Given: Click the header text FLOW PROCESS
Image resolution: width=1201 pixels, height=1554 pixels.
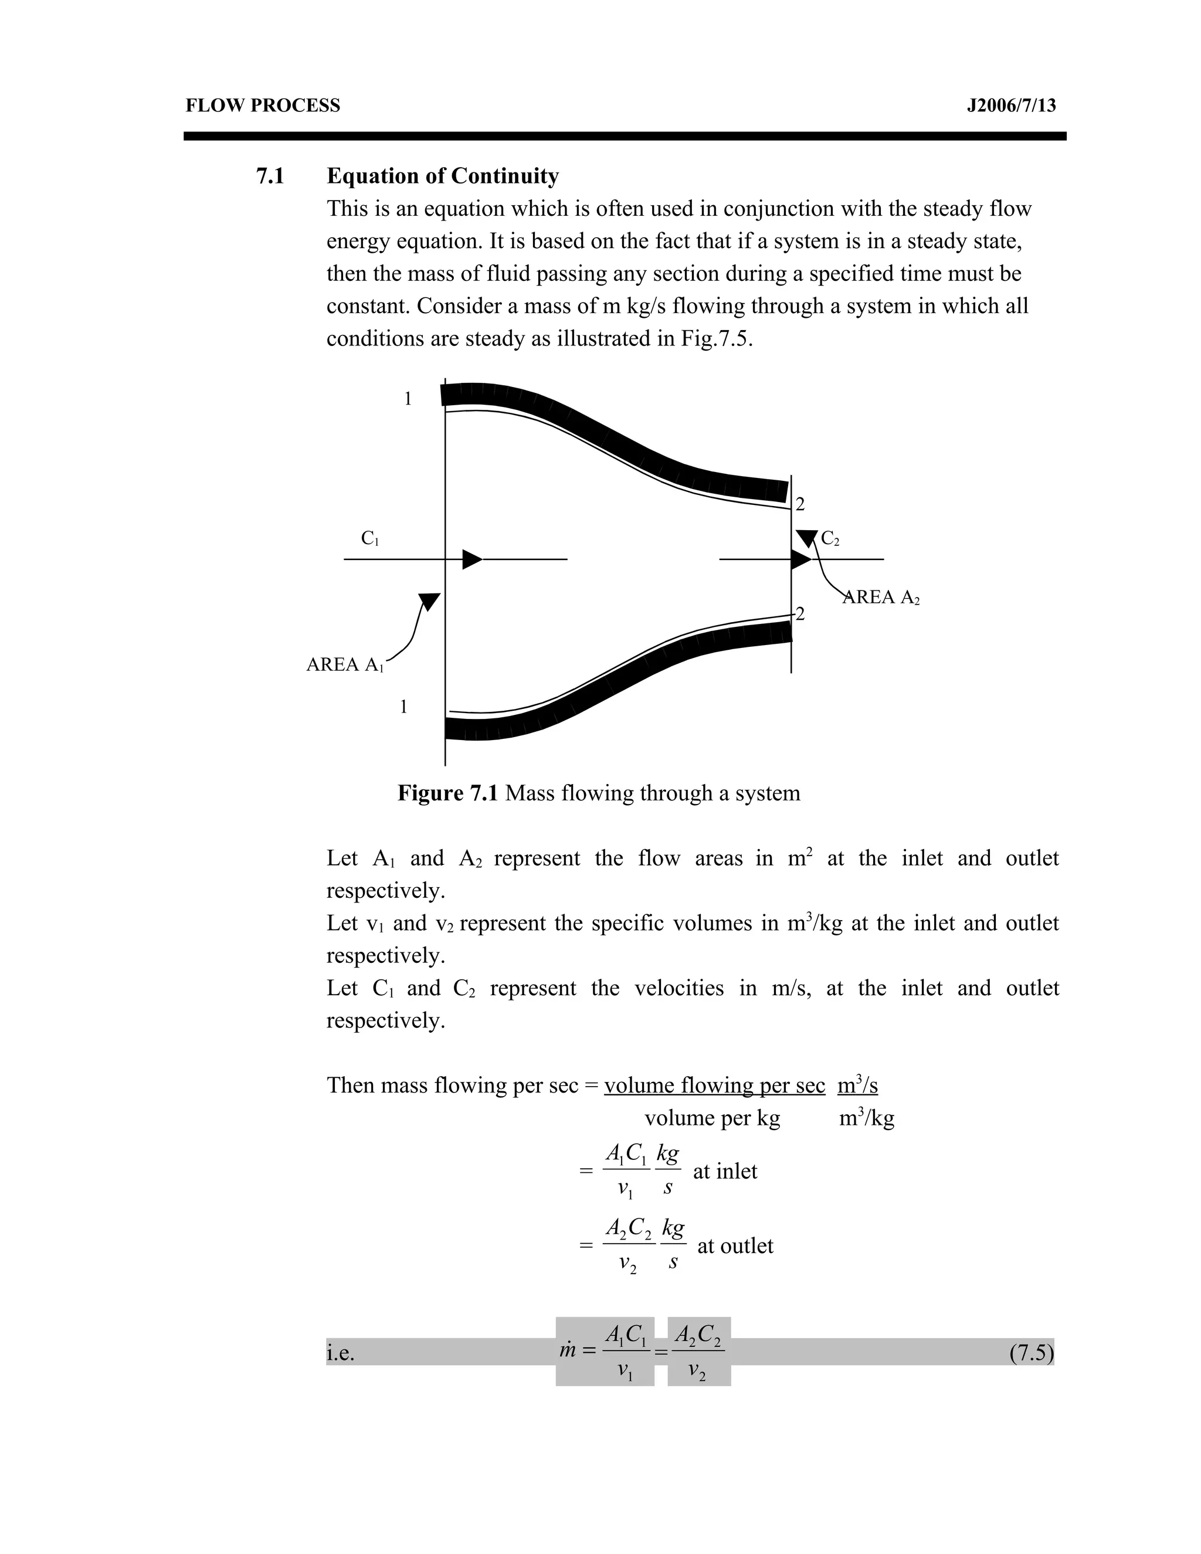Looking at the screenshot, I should [263, 106].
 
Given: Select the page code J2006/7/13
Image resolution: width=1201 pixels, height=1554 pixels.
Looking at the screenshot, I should [1011, 106].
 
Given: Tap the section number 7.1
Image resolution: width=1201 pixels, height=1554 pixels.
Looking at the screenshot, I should [270, 176].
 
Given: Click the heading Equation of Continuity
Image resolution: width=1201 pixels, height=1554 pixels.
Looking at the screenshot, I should [443, 176].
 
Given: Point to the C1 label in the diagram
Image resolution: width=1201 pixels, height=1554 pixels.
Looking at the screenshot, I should [370, 539].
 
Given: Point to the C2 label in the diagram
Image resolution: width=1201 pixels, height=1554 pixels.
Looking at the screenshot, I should [830, 539].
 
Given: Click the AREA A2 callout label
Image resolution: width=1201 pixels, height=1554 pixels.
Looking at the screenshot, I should [881, 598].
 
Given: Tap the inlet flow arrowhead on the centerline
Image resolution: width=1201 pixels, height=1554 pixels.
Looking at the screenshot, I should [471, 559].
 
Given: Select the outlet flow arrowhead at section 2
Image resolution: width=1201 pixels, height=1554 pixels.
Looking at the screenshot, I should [800, 559].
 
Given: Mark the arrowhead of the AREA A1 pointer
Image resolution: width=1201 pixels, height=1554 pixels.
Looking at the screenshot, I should [429, 601].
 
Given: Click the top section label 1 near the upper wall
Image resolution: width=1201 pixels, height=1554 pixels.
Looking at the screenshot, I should [408, 399].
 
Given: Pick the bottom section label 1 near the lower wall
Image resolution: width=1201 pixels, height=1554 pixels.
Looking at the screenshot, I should [403, 707].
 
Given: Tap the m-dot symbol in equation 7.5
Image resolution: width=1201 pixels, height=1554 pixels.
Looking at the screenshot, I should [567, 1350].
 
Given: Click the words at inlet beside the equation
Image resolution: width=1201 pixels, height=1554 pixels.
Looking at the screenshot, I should [725, 1171].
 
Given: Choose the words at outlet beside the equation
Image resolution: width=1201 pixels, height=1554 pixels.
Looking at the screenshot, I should [735, 1246].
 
